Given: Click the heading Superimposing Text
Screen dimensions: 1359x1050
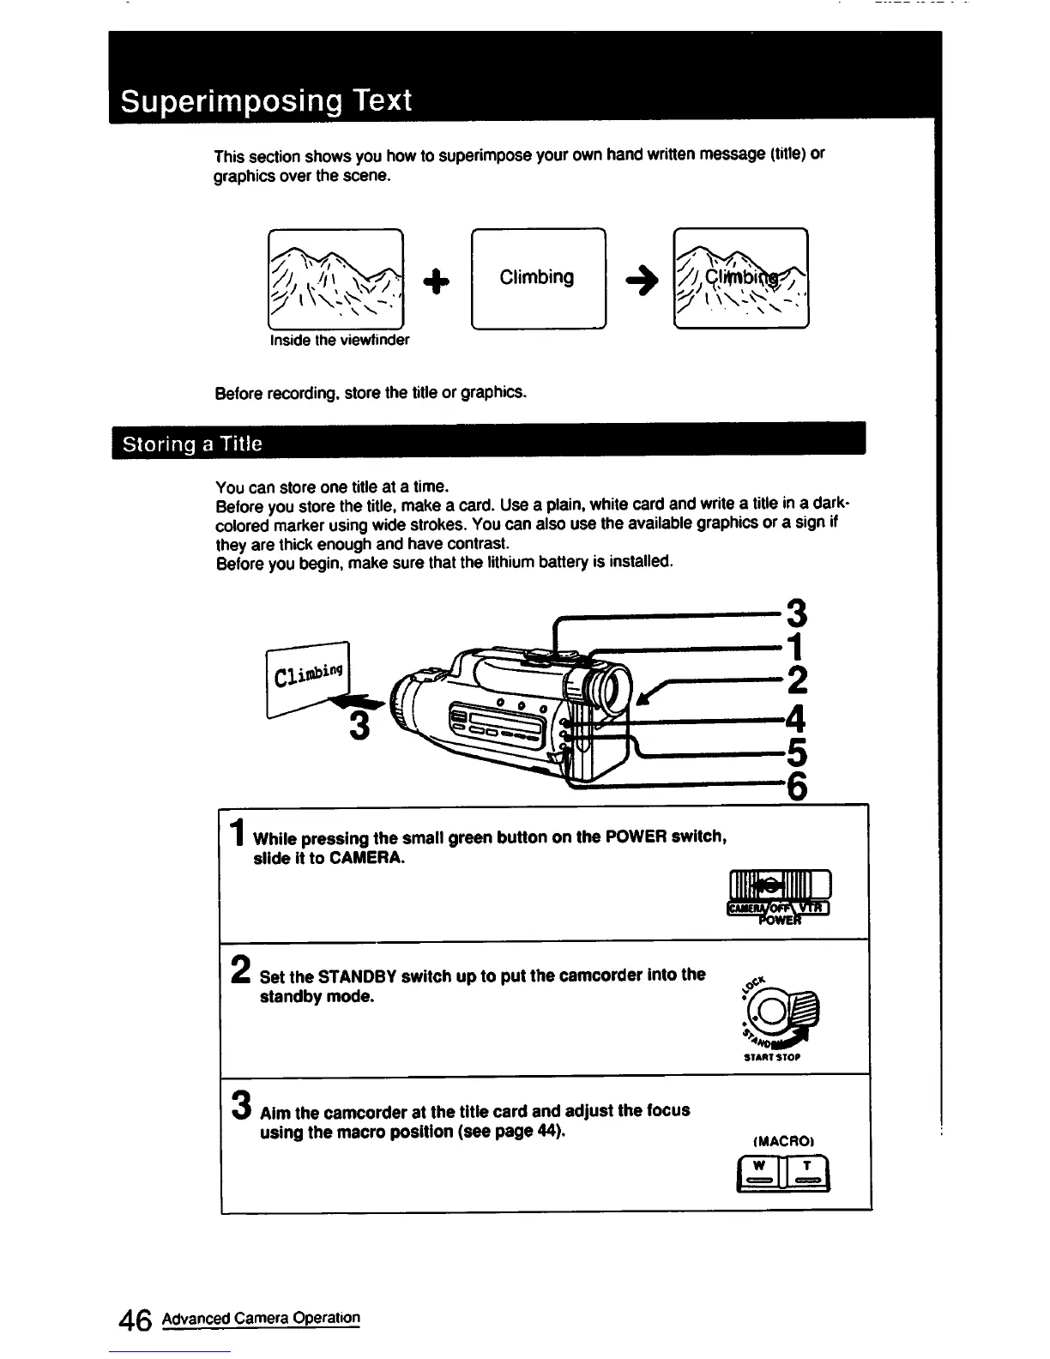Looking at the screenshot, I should click(x=266, y=101).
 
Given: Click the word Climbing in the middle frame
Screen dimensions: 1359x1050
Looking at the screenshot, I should click(x=537, y=277).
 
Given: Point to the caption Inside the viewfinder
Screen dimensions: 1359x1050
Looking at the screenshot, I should click(x=339, y=340).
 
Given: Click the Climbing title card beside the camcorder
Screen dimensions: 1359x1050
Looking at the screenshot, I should click(x=306, y=673).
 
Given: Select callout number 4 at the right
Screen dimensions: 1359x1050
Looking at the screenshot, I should click(x=795, y=716).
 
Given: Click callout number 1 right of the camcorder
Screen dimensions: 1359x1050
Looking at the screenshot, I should click(x=796, y=645).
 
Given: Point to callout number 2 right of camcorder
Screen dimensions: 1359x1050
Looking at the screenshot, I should click(x=796, y=680).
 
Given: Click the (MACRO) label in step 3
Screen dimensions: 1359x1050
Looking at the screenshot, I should click(x=782, y=1142).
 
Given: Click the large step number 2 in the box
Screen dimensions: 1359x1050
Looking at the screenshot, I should click(x=242, y=971).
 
